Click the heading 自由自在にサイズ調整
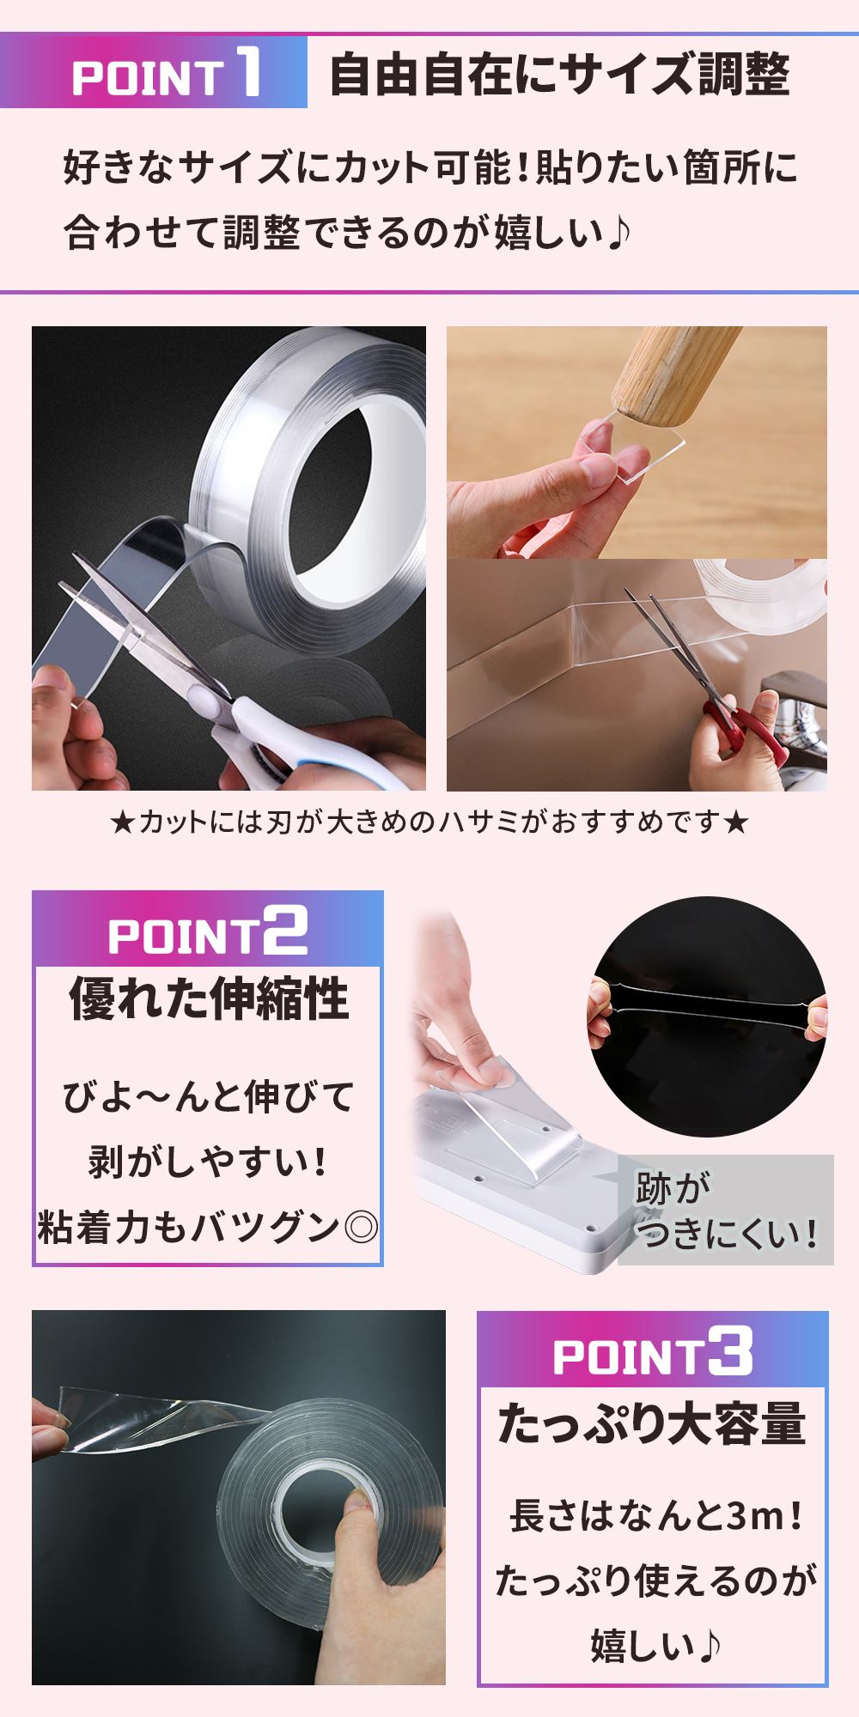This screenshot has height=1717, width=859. point(559,75)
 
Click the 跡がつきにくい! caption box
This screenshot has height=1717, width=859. point(726,1210)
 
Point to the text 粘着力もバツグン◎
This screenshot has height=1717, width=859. point(208,1229)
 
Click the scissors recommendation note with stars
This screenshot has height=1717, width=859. point(429,822)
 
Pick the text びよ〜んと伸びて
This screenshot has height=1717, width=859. point(208,1096)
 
